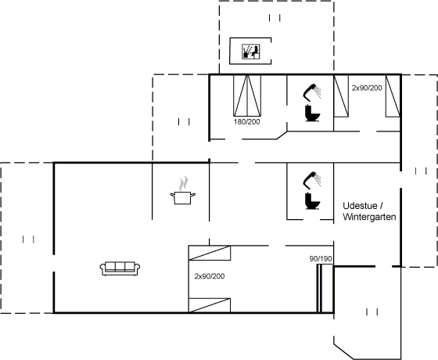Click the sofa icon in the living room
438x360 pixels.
click(120, 268)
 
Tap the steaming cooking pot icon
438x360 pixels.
click(183, 190)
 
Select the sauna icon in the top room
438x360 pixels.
click(251, 52)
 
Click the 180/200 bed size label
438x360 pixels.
click(247, 122)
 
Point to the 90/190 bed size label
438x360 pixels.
click(321, 259)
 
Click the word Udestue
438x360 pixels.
click(360, 206)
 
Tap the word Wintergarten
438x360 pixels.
click(369, 217)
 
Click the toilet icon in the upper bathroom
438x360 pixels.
click(312, 113)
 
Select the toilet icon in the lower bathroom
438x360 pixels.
click(312, 201)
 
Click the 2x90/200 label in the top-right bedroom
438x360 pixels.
click(367, 88)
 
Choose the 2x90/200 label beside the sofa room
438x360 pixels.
click(210, 276)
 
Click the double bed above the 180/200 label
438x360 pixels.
click(247, 95)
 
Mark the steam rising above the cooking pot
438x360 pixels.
click(183, 183)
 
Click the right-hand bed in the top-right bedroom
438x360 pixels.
click(393, 95)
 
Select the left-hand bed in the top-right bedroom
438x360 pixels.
click(341, 95)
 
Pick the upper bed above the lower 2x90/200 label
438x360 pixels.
click(210, 253)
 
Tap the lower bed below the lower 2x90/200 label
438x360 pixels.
click(210, 305)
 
